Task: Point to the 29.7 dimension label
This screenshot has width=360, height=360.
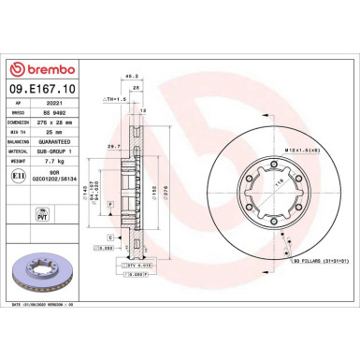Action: click(x=111, y=147)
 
